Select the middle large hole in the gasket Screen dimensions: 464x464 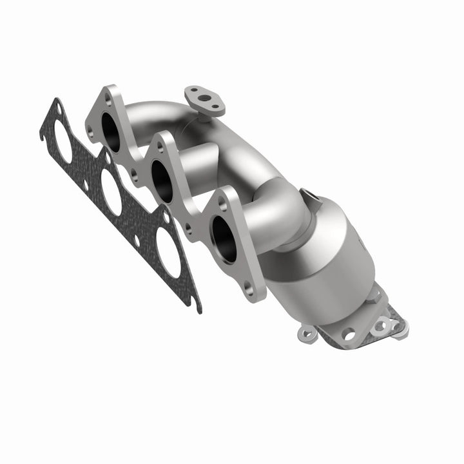tap(111, 192)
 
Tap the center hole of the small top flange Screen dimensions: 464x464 tap(204, 99)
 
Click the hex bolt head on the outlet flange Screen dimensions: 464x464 tap(372, 295)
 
